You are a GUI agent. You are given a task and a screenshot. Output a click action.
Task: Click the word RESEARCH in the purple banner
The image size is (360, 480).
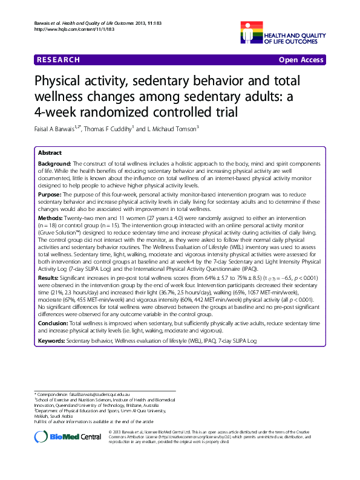click(57, 60)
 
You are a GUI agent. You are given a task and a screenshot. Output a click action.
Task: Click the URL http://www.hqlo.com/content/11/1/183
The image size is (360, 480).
click(66, 29)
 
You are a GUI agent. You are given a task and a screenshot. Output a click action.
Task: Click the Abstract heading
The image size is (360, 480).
click(50, 154)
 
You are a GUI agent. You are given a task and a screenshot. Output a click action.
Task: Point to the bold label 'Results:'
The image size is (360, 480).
click(50, 277)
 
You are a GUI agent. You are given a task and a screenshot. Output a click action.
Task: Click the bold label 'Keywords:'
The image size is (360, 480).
click(52, 341)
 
